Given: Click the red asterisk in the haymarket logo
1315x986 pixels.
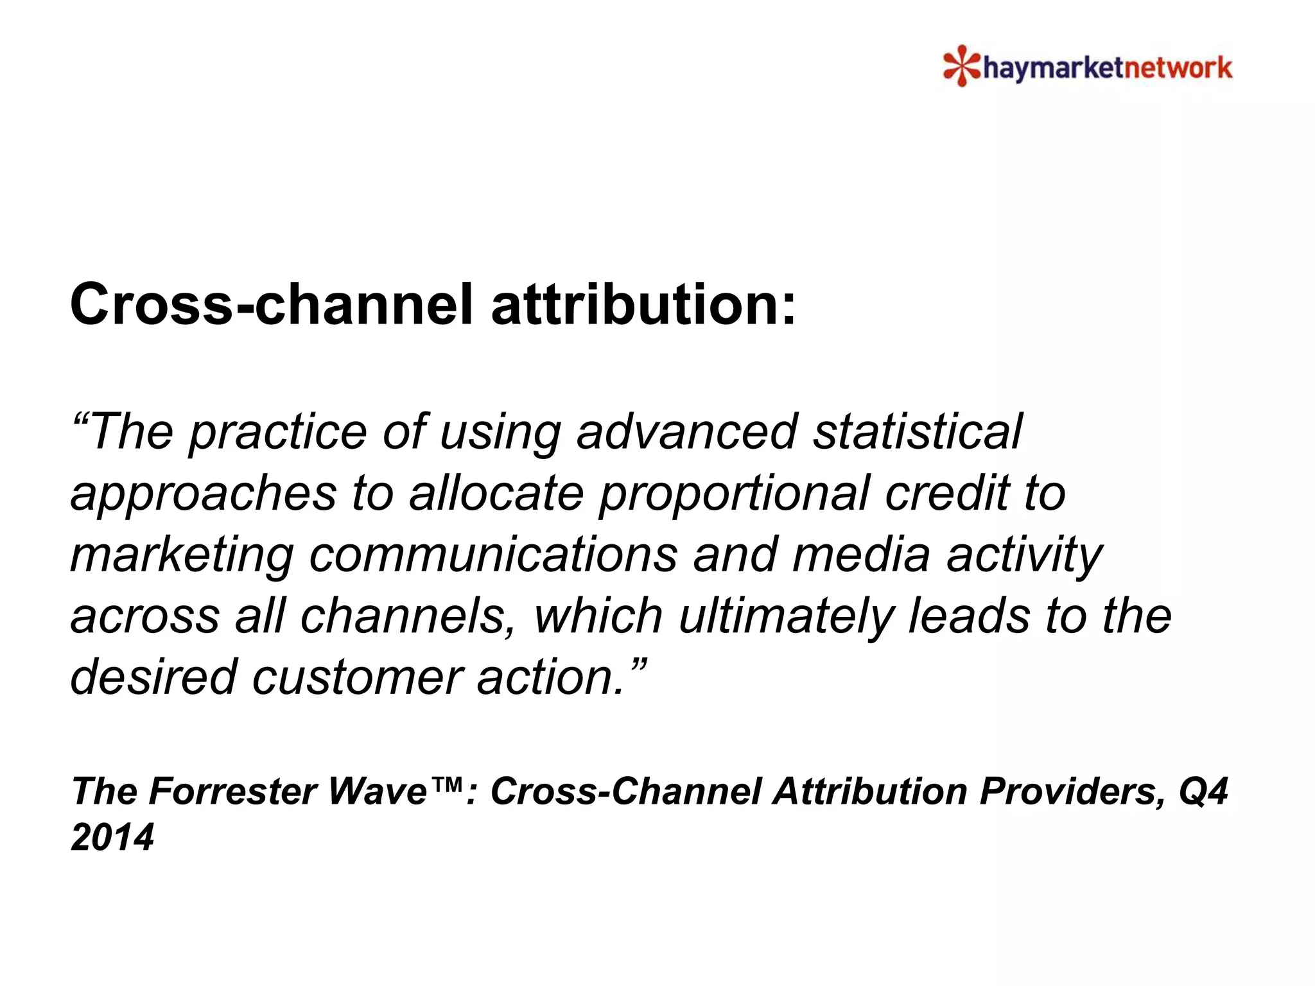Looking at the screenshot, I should click(x=961, y=66).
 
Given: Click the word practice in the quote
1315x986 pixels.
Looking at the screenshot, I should click(x=277, y=431).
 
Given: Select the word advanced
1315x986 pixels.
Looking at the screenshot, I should click(x=686, y=431).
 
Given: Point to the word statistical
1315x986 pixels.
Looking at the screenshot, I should click(x=918, y=431).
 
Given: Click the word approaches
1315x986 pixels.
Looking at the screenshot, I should click(x=204, y=493).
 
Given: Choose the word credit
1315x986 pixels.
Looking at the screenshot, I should click(x=947, y=493).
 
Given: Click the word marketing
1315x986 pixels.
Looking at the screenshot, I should click(x=182, y=555).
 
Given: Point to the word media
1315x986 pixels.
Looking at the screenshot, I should click(x=861, y=555).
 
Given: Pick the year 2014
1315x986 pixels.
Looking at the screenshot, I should click(x=112, y=837).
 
